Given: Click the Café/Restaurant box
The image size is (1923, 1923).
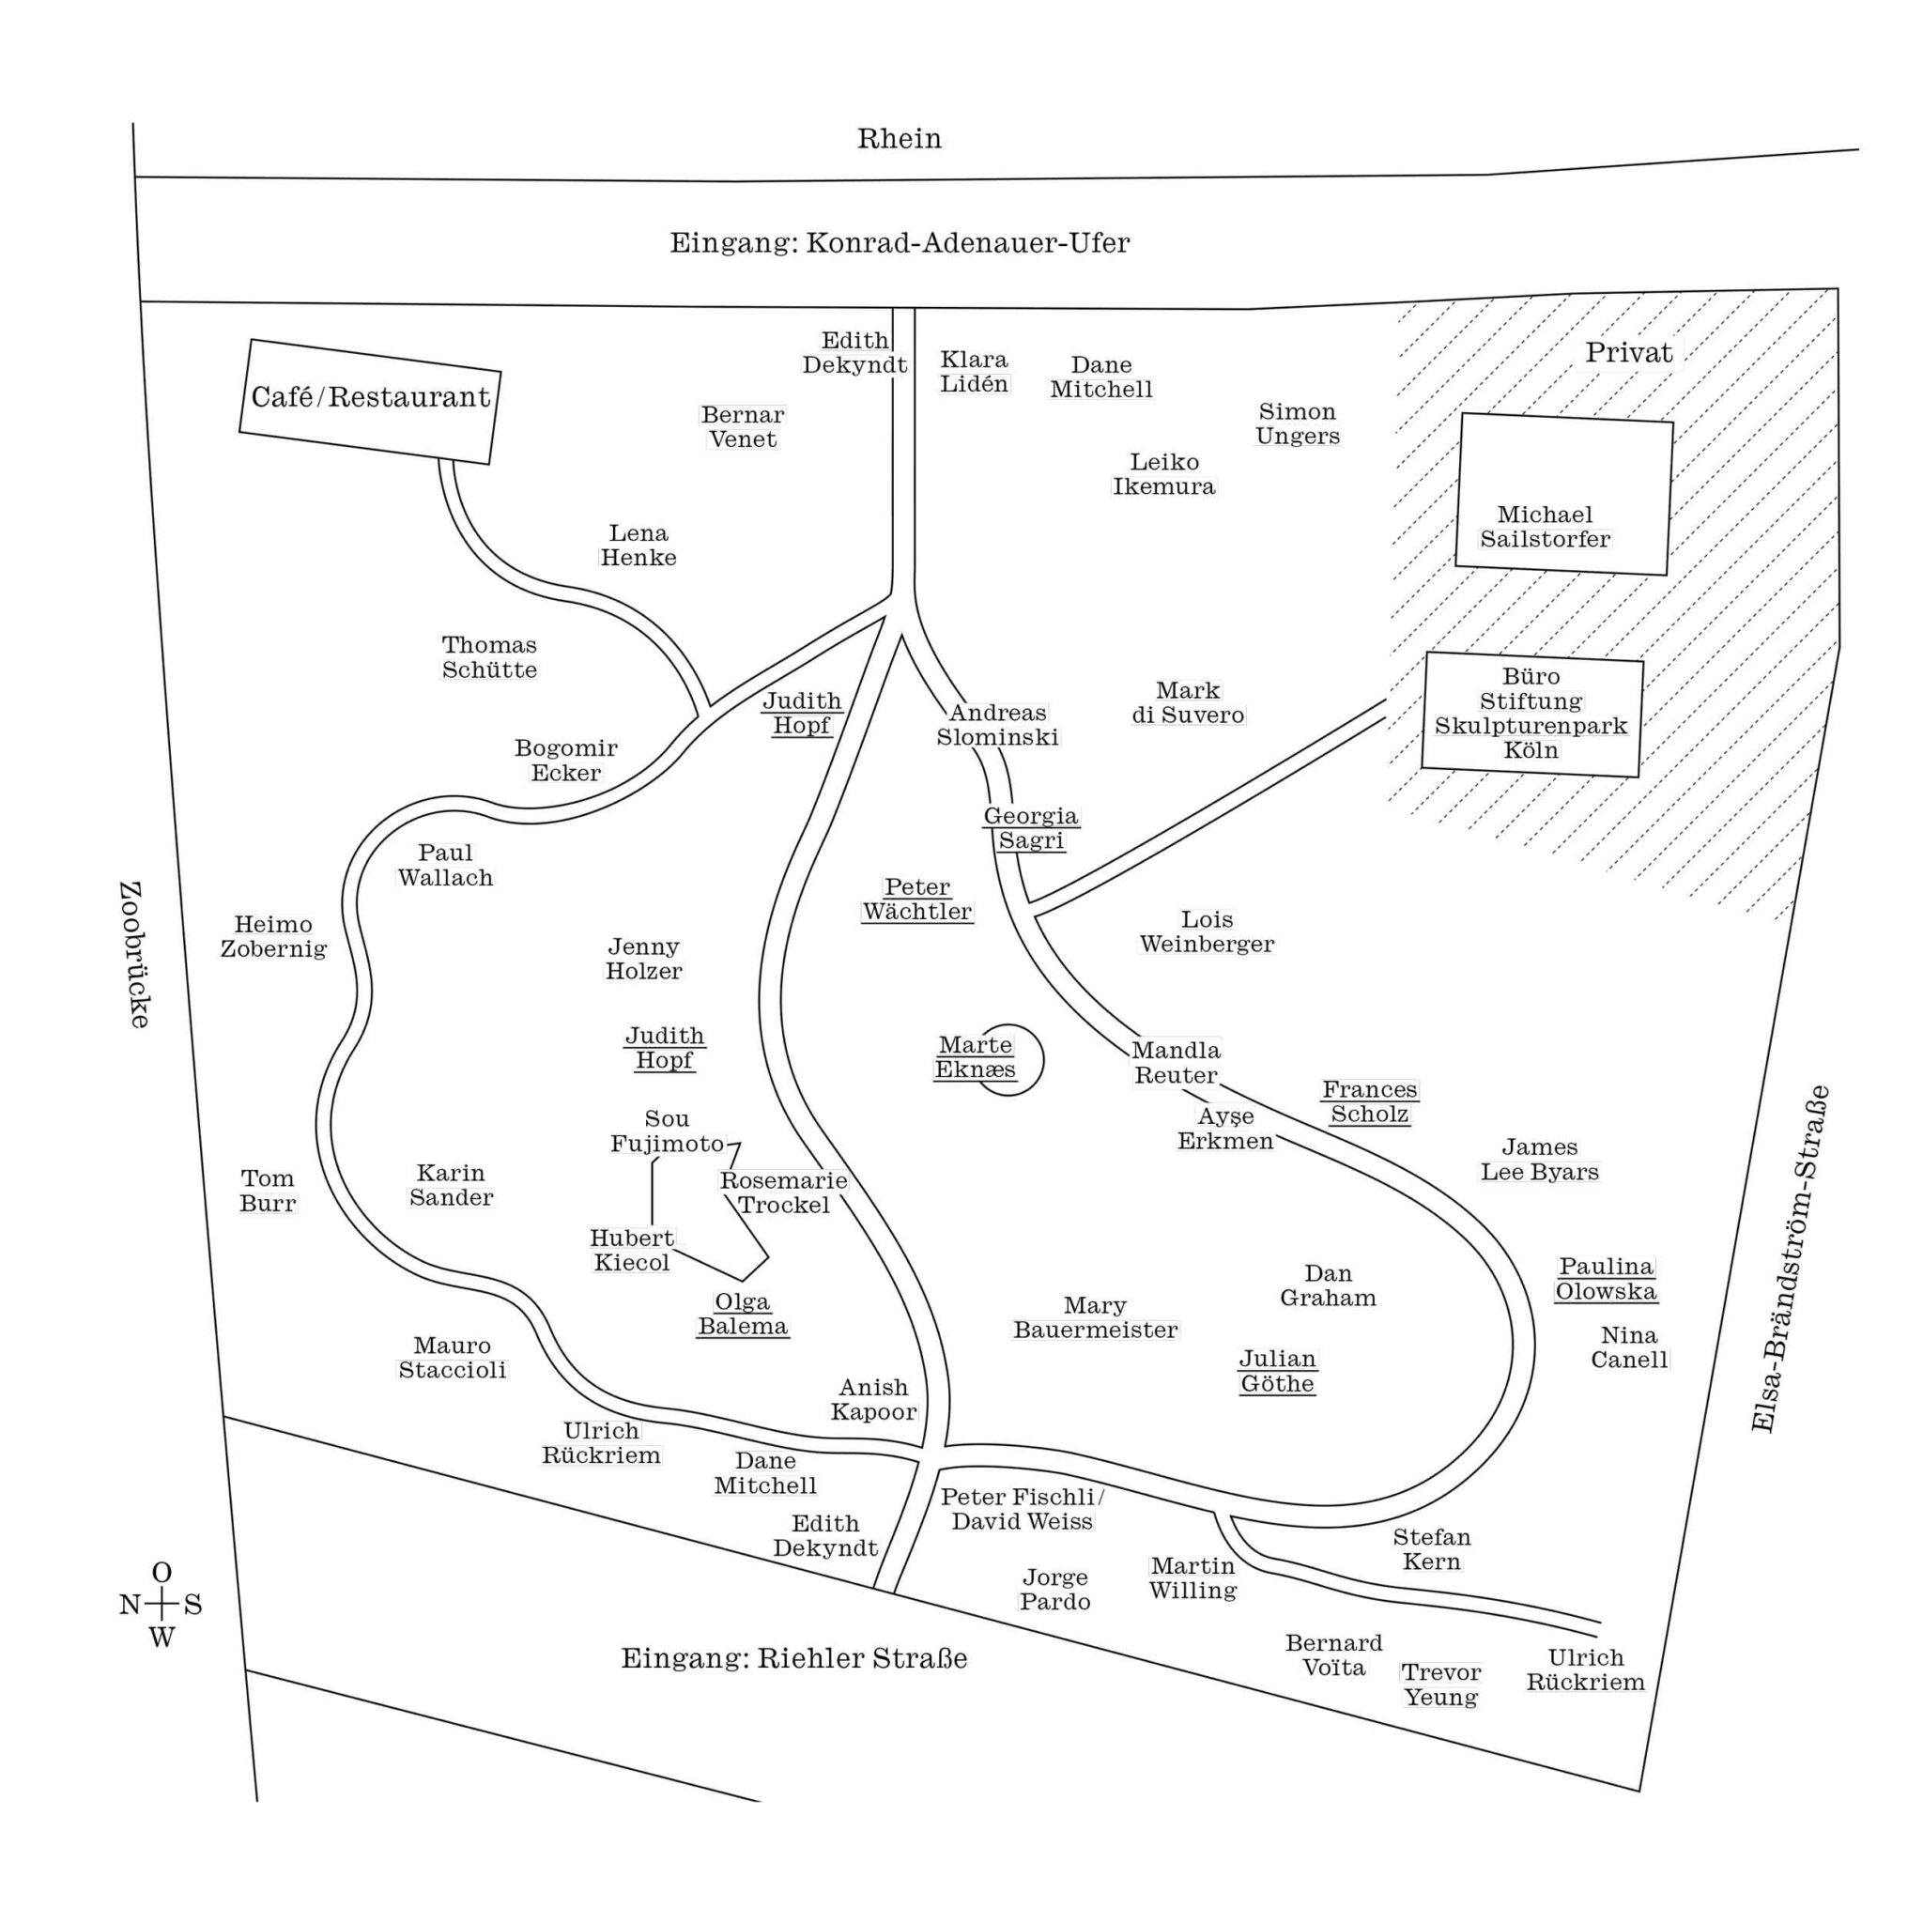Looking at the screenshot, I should [370, 401].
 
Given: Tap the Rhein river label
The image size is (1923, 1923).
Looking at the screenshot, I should [899, 138].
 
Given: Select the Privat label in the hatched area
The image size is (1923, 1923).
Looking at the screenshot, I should [1628, 352].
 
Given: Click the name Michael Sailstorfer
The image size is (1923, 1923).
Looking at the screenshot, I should [1545, 527].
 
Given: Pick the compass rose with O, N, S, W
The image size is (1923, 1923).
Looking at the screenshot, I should [161, 1606].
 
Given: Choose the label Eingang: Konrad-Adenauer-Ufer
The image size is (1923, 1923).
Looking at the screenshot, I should [899, 243].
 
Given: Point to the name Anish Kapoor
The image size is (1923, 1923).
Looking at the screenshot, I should [873, 1399].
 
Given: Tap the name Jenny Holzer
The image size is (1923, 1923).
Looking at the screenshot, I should [644, 959].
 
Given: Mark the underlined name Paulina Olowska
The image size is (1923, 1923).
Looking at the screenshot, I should [1606, 1279].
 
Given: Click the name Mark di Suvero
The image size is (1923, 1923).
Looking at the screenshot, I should [1188, 702].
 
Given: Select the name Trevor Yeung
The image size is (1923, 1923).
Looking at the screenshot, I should [1440, 1685].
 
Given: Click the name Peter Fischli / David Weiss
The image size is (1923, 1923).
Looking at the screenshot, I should [1023, 1509].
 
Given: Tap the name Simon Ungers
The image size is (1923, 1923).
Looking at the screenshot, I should [1297, 424].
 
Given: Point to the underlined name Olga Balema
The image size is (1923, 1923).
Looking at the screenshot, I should [743, 1314].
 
